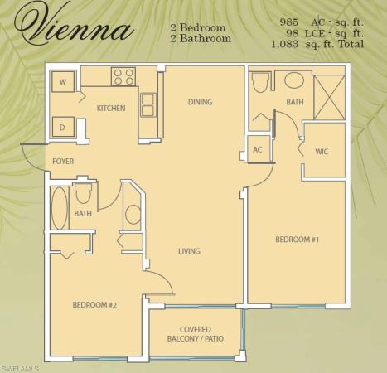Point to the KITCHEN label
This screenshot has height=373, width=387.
click(110, 108)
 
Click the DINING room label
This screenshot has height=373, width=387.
click(200, 103)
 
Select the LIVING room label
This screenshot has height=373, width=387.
click(189, 251)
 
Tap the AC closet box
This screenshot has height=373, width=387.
click(257, 150)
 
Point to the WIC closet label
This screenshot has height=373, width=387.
click(322, 153)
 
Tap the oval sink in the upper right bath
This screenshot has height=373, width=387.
click(293, 81)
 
